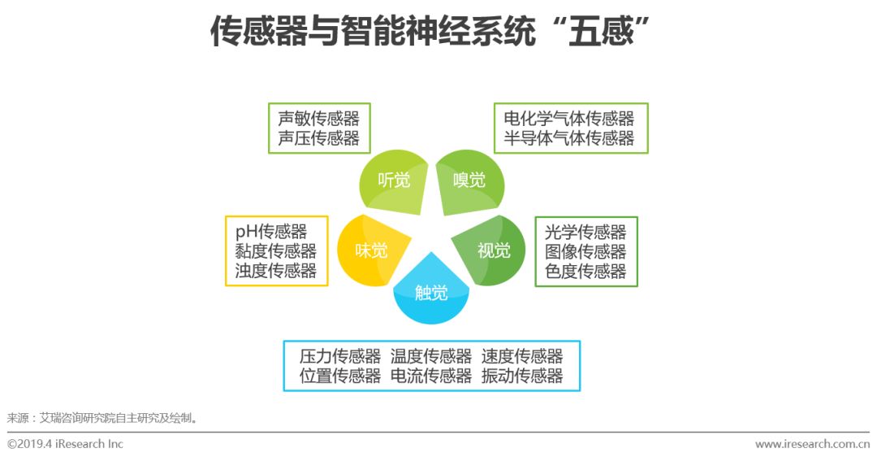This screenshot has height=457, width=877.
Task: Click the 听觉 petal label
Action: [394, 181]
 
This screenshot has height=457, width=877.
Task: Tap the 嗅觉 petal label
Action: [469, 180]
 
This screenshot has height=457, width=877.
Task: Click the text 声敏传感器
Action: [318, 119]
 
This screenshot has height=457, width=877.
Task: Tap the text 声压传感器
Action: [318, 138]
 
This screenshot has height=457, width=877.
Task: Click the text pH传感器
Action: [271, 232]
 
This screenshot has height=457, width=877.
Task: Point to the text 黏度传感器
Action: [276, 251]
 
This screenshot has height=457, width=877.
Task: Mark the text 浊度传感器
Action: [276, 271]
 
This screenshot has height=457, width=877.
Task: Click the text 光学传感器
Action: [585, 232]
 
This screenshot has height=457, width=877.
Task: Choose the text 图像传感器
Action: [585, 251]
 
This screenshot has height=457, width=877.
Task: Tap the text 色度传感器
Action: [585, 271]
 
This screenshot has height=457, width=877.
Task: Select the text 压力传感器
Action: [340, 356]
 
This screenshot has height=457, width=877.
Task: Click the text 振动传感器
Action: [522, 376]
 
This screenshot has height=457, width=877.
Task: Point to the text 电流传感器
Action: [431, 376]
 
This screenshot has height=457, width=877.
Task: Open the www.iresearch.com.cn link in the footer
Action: [812, 444]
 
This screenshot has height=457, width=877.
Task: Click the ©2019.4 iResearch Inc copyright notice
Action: [65, 444]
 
